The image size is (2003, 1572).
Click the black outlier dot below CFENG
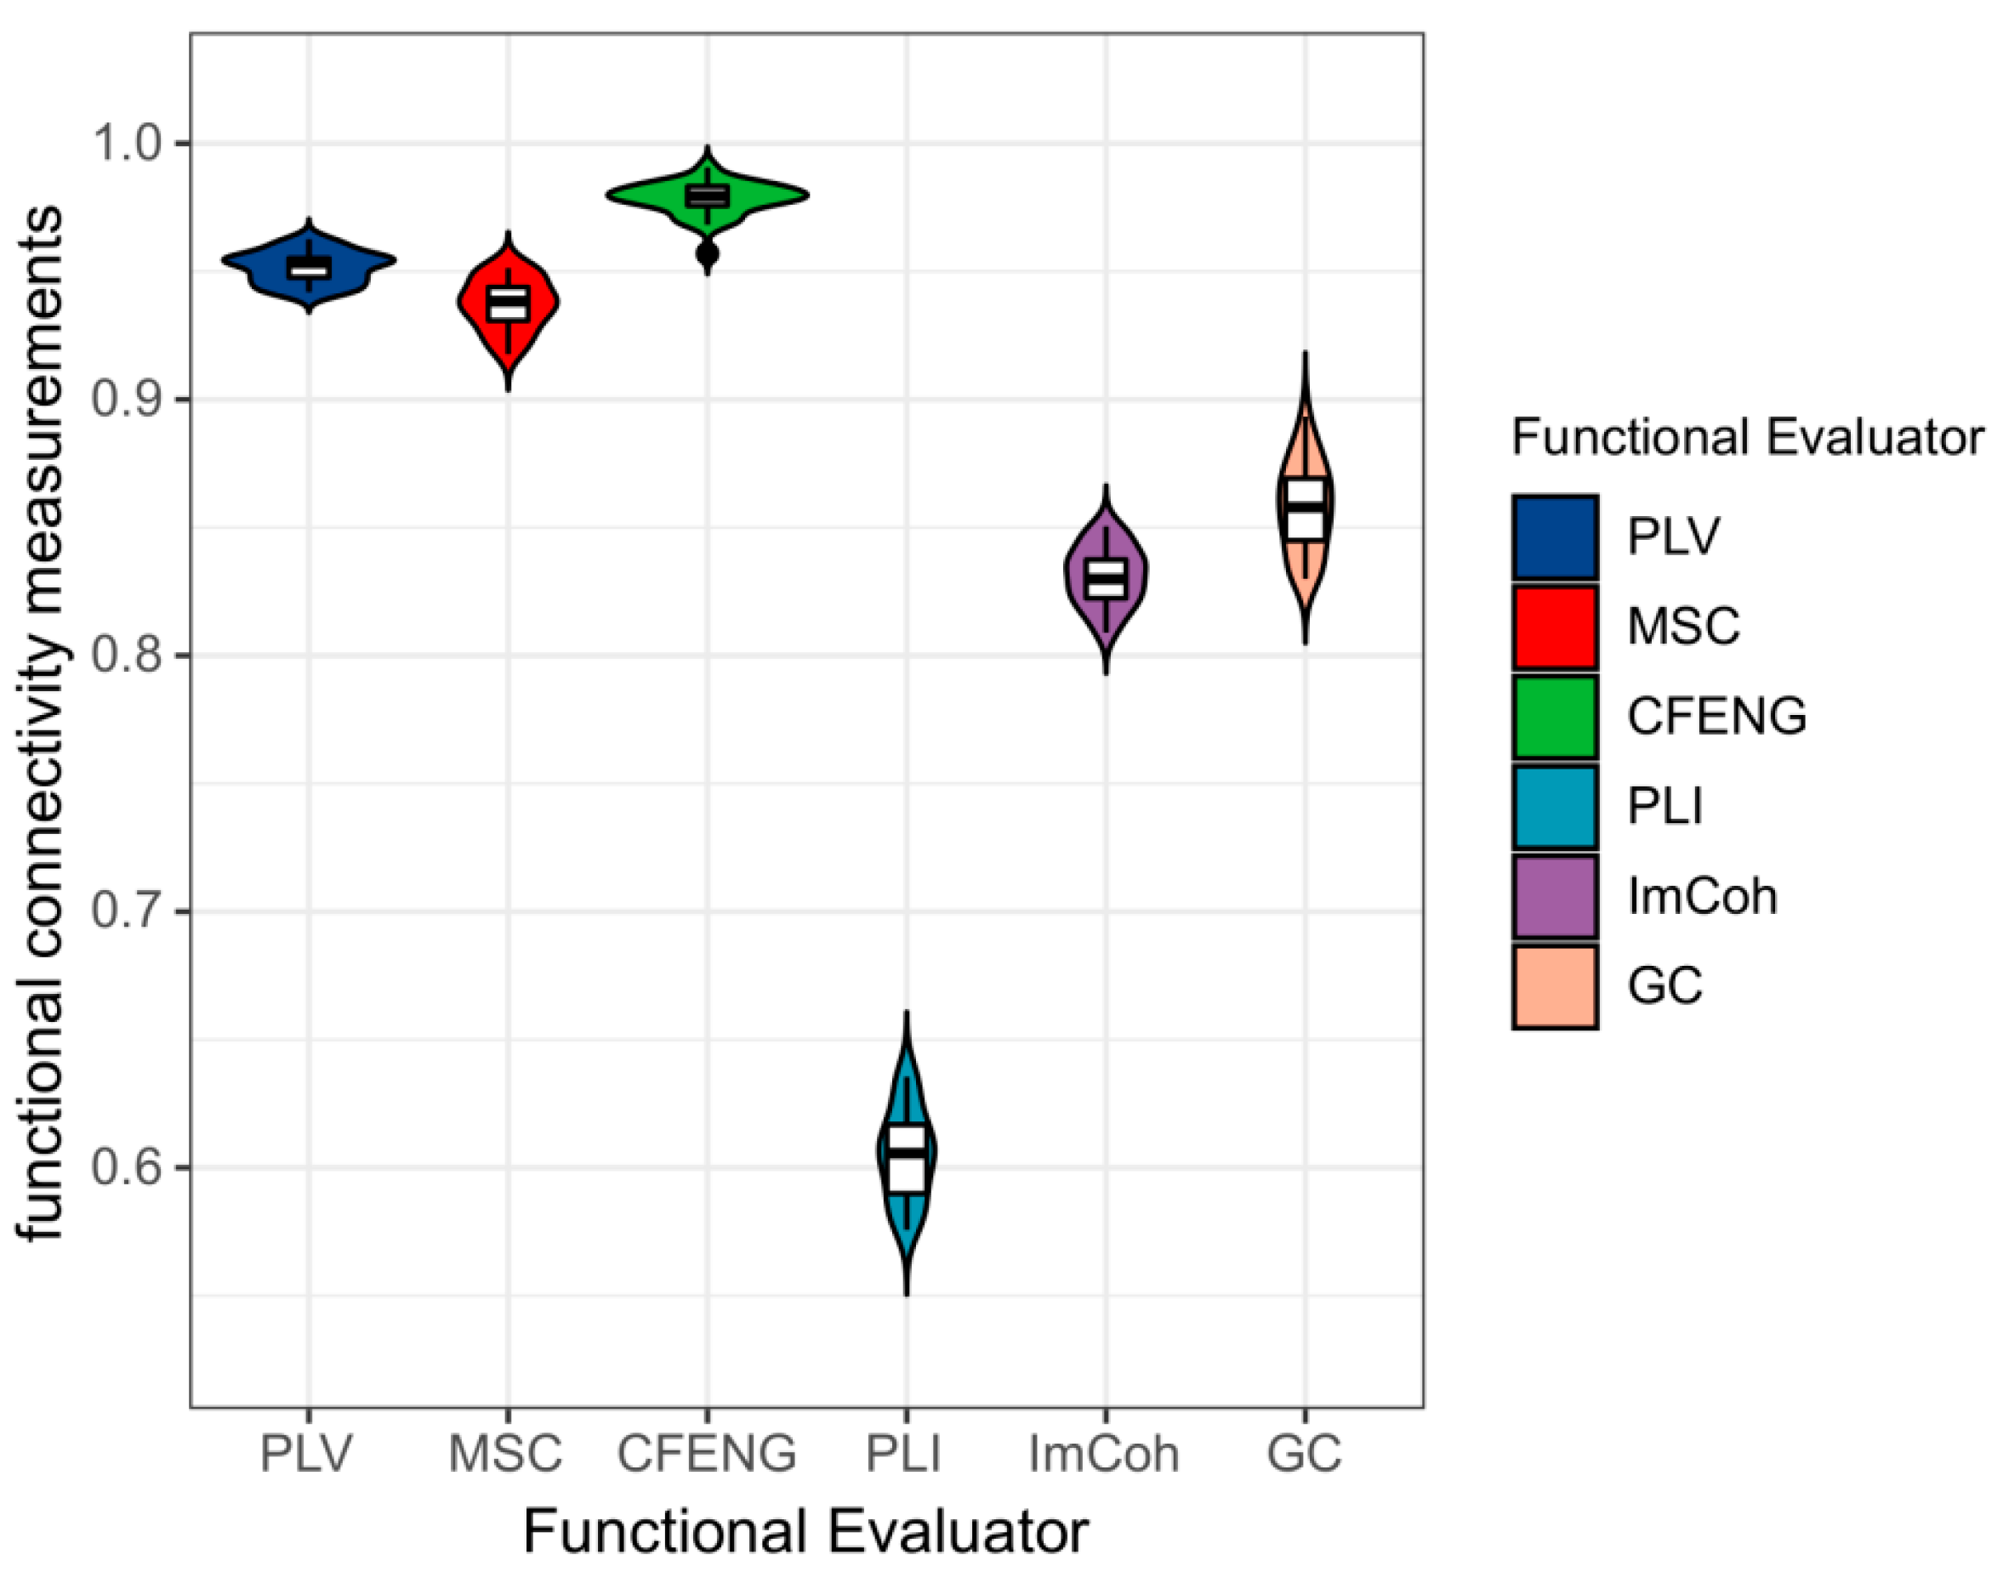[707, 254]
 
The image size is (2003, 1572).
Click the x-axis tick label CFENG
[706, 1454]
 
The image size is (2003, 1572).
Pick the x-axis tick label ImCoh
[1104, 1454]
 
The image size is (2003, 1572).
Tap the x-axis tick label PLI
[904, 1454]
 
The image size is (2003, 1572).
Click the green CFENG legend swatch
[1555, 716]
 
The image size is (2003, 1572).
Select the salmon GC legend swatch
[1555, 985]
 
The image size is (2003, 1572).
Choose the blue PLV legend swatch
[1555, 536]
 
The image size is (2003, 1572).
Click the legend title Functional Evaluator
[1746, 437]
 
